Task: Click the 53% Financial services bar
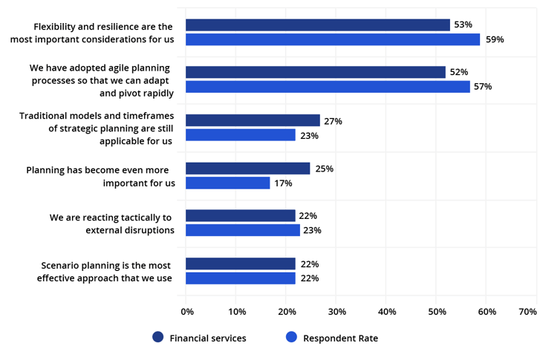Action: pyautogui.click(x=318, y=25)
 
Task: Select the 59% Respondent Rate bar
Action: pyautogui.click(x=333, y=39)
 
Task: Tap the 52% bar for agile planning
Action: pyautogui.click(x=316, y=72)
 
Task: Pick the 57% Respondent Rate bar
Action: pyautogui.click(x=328, y=87)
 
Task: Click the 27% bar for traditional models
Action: pyautogui.click(x=253, y=120)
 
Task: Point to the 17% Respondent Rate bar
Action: pyautogui.click(x=228, y=183)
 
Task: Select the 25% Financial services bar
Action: pyautogui.click(x=248, y=168)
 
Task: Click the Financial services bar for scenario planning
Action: pyautogui.click(x=241, y=264)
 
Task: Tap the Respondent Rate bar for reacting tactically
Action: pyautogui.click(x=243, y=230)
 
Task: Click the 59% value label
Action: pyautogui.click(x=495, y=39)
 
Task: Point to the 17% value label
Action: pyautogui.click(x=283, y=183)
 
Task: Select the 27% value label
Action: pyautogui.click(x=333, y=120)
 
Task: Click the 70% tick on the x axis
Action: pyautogui.click(x=527, y=312)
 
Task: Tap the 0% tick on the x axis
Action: pyautogui.click(x=187, y=312)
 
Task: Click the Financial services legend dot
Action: pyautogui.click(x=157, y=337)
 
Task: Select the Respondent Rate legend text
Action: pyautogui.click(x=340, y=338)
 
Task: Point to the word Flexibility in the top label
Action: pyautogui.click(x=59, y=27)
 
